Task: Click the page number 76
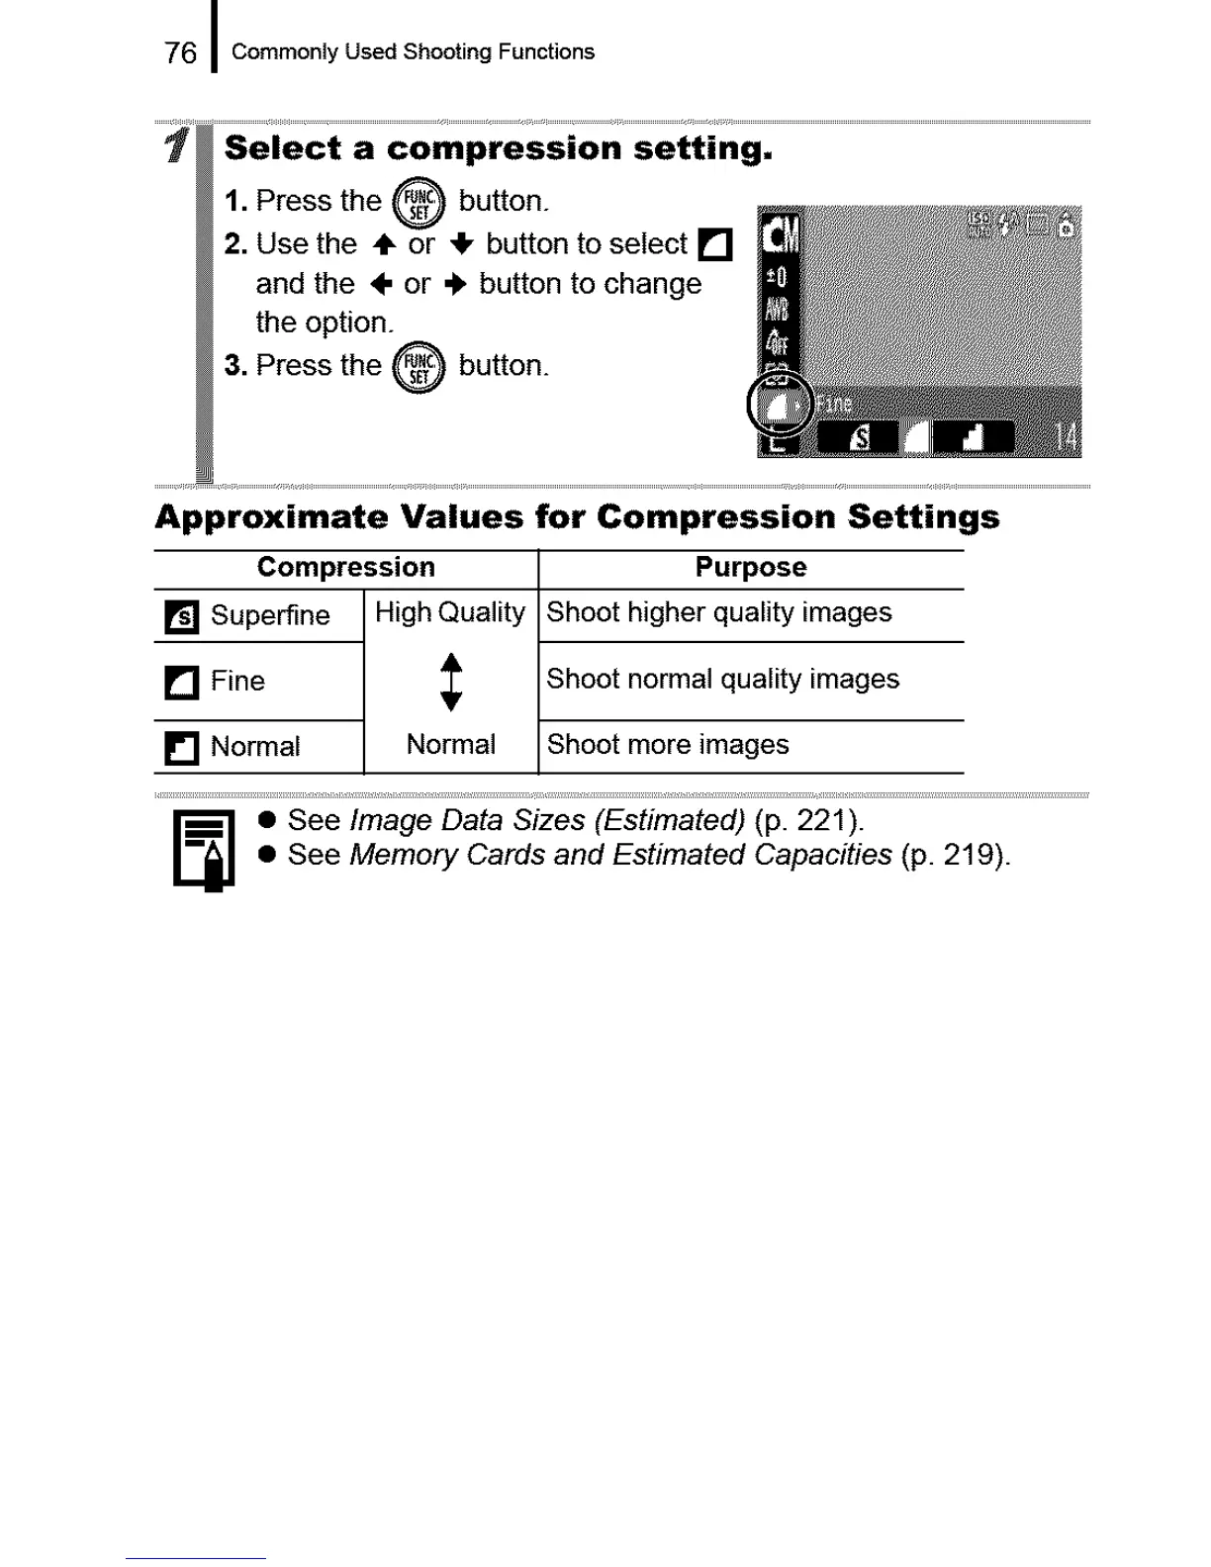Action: click(180, 52)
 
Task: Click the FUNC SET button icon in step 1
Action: click(419, 203)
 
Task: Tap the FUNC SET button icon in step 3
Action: click(419, 368)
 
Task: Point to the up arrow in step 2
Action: click(384, 244)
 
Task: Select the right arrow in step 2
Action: click(455, 285)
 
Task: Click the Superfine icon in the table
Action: click(181, 617)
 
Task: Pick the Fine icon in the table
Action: click(181, 683)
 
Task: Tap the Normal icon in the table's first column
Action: click(181, 748)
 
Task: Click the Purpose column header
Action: click(750, 568)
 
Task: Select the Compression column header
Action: click(345, 568)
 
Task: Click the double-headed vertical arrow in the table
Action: click(451, 682)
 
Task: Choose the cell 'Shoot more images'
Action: click(668, 745)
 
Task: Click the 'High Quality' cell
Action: click(450, 613)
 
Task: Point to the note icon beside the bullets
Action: click(204, 849)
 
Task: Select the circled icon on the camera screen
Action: click(780, 404)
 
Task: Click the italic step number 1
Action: click(176, 145)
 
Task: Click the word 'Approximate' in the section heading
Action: click(272, 517)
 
